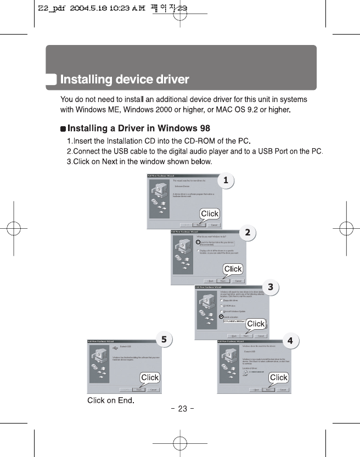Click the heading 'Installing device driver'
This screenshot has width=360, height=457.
(125, 80)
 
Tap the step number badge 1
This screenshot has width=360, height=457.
(224, 179)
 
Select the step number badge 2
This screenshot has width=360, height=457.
(248, 233)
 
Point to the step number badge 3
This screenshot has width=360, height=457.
(270, 286)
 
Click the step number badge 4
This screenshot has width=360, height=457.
(290, 340)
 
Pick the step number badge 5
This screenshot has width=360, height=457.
(163, 339)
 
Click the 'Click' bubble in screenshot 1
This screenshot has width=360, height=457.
(209, 214)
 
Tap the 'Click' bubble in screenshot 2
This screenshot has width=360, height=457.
(233, 269)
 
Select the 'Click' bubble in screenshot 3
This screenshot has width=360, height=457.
(256, 324)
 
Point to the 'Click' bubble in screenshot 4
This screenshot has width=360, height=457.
(278, 377)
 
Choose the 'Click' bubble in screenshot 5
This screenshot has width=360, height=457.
(150, 377)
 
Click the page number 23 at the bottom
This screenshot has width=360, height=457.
(182, 408)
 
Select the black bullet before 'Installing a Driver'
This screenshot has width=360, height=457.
(63, 129)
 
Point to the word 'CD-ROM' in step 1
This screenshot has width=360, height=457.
(188, 142)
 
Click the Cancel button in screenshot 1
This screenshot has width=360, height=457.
(215, 224)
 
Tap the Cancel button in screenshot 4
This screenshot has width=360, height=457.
(283, 390)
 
